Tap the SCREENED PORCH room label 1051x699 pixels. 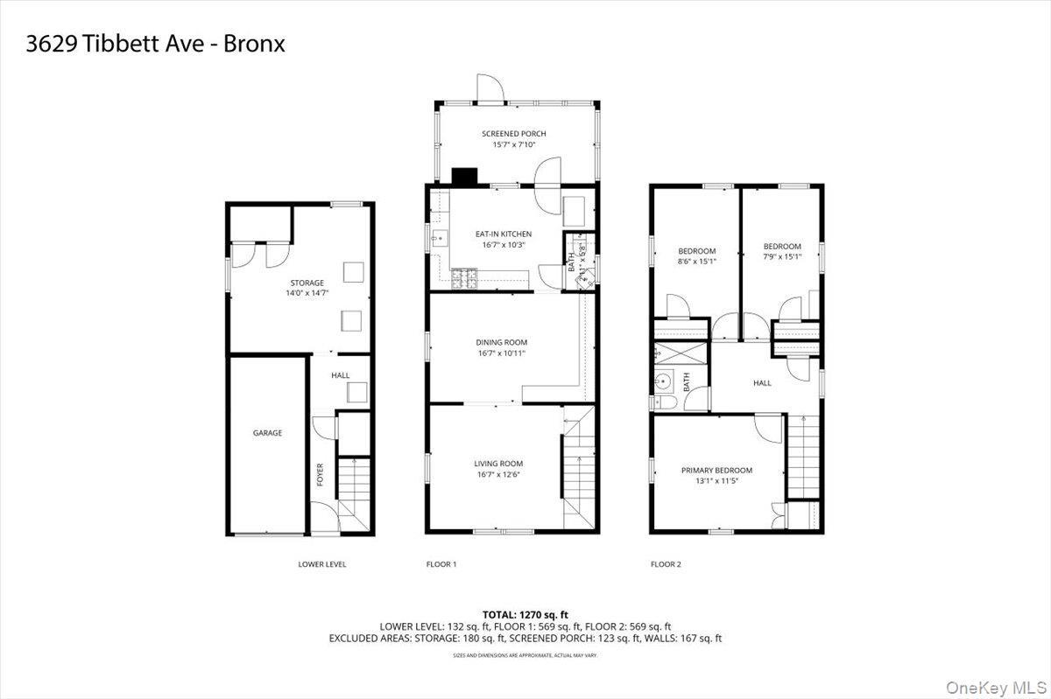[x=513, y=134]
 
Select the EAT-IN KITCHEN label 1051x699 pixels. [x=503, y=234]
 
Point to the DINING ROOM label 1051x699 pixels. [x=502, y=342]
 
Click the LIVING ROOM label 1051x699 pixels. [x=498, y=464]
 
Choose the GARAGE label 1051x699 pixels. [x=267, y=433]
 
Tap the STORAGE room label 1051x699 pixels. [x=307, y=283]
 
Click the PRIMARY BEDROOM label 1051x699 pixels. [x=716, y=470]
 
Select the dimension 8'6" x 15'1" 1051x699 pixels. [x=697, y=261]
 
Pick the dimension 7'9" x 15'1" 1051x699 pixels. [x=782, y=260]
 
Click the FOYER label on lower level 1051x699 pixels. [x=320, y=474]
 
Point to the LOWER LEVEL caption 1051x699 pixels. [x=321, y=564]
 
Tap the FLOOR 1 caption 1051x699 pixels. [x=441, y=564]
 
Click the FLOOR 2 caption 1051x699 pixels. [x=665, y=564]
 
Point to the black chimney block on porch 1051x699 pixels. [x=464, y=176]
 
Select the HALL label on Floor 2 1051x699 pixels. [x=762, y=382]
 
